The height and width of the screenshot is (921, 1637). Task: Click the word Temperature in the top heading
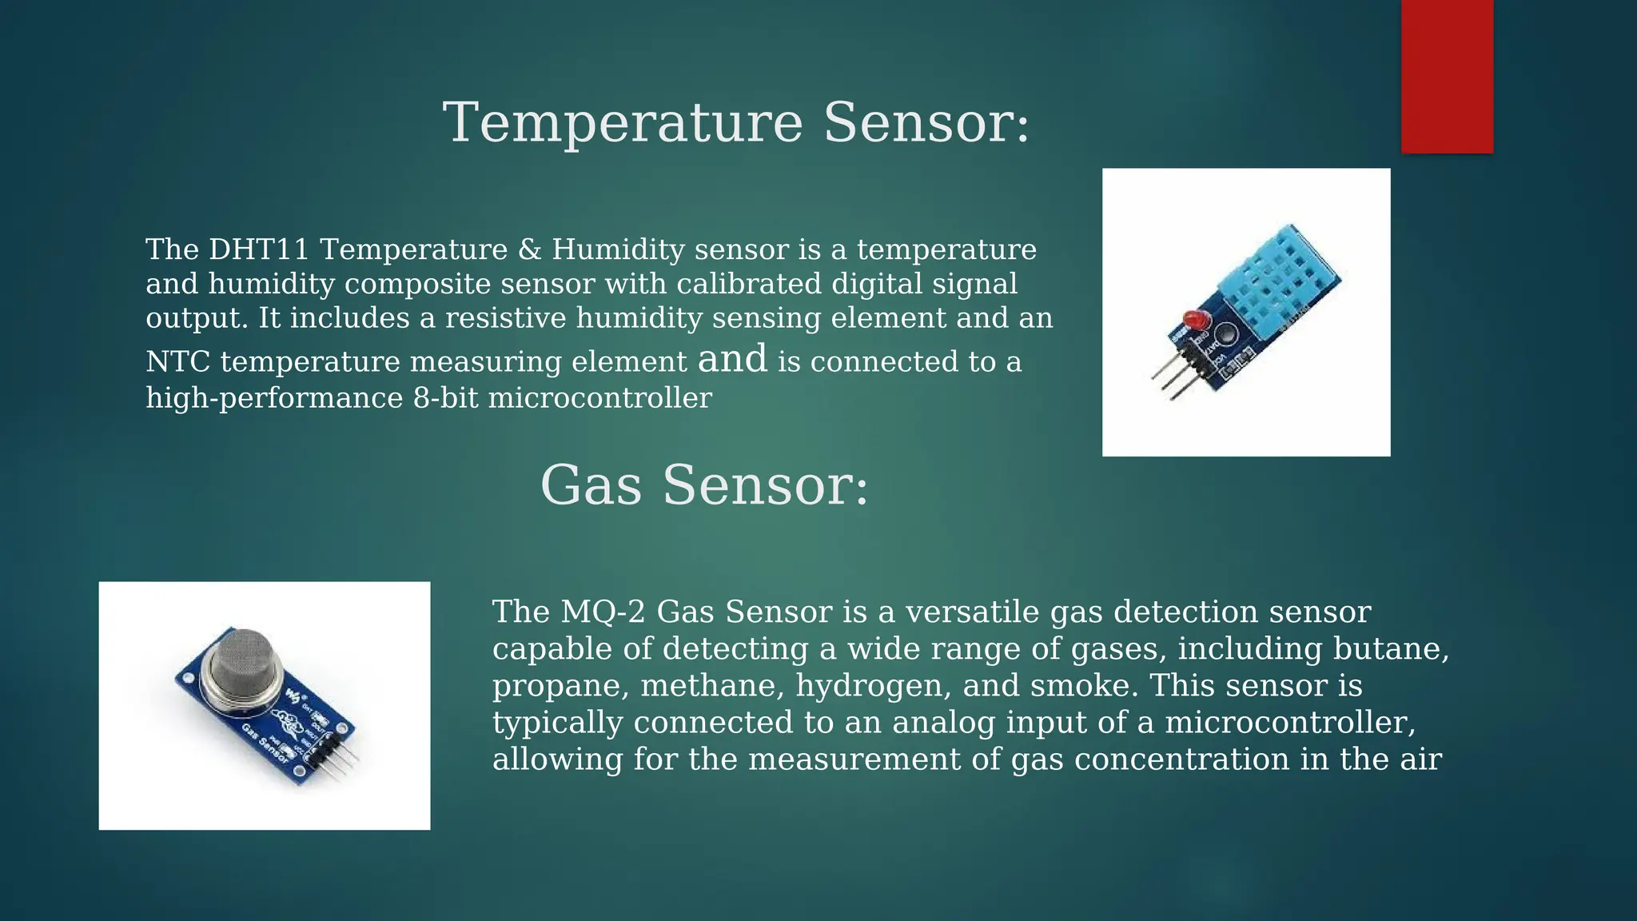click(623, 123)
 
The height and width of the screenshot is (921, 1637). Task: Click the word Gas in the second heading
click(591, 485)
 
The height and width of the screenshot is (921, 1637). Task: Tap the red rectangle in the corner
click(1447, 76)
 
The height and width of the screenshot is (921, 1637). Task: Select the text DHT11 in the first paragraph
click(258, 249)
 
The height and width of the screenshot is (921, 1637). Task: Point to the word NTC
click(177, 362)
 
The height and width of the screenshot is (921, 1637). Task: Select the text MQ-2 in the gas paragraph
click(603, 612)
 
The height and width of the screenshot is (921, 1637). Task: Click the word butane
click(1391, 648)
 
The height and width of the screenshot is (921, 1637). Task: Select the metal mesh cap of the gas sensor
click(241, 663)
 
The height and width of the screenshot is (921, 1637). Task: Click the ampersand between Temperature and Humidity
click(529, 249)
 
